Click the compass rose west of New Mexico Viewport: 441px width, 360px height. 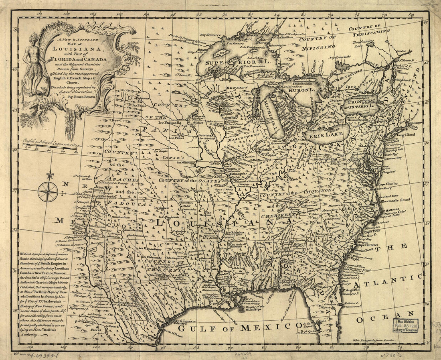tap(48, 191)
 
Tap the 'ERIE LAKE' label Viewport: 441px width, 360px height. tap(323, 135)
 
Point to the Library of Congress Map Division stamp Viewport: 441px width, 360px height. tap(406, 325)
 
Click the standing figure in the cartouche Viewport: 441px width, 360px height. tap(35, 62)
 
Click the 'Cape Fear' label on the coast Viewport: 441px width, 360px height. tap(372, 231)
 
